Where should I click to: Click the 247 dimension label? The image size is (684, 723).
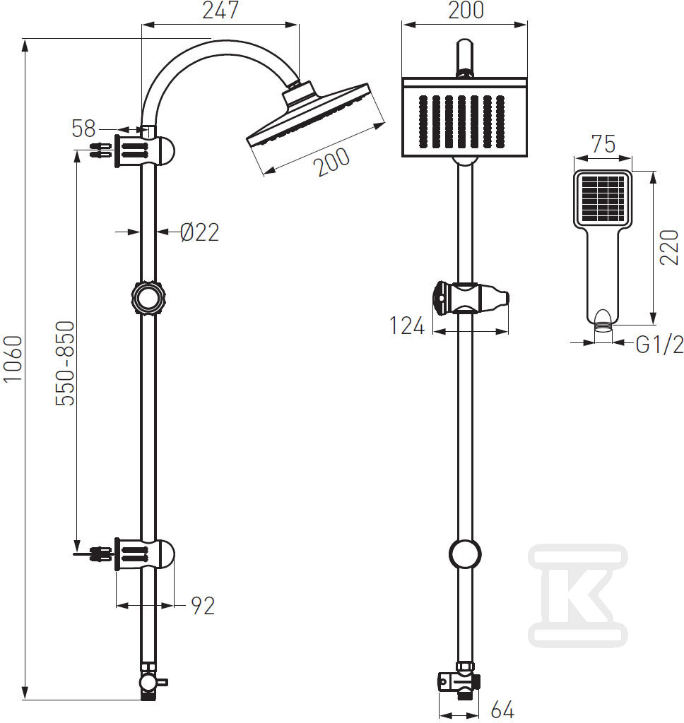tap(220, 10)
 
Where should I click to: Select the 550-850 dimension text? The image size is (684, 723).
tap(65, 364)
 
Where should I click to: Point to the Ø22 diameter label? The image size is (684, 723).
tap(199, 232)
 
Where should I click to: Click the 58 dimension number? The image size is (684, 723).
tap(83, 129)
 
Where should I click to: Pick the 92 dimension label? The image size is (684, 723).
tap(203, 606)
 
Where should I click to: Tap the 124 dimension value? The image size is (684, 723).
tap(406, 326)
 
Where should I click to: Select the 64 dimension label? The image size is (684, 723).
tap(502, 709)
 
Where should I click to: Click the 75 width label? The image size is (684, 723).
tap(603, 144)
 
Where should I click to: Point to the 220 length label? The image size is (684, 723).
tap(669, 248)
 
